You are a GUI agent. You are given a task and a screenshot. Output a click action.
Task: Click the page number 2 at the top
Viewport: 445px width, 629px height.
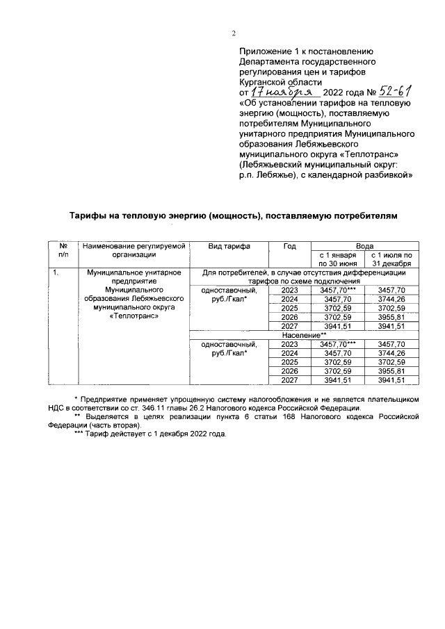[x=234, y=33]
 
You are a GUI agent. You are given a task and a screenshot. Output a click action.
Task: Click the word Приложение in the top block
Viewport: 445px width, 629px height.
[x=264, y=52]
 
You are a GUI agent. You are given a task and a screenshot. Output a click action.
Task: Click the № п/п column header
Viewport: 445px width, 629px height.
[x=63, y=251]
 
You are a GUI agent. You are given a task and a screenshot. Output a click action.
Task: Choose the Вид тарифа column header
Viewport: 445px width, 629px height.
[x=229, y=247]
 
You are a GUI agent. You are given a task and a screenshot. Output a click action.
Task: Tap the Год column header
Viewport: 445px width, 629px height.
[x=290, y=247]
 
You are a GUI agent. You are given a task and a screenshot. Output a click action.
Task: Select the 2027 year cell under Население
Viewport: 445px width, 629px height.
[x=290, y=380]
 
